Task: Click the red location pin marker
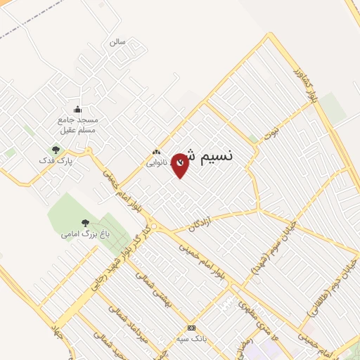tap(180, 165)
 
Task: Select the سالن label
tap(117, 42)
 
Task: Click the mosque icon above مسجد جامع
tap(77, 109)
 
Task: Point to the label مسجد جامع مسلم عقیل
tap(77, 124)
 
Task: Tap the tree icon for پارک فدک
tap(56, 149)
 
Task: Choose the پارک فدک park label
tap(56, 160)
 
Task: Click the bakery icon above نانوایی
tap(156, 152)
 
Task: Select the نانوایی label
tap(156, 162)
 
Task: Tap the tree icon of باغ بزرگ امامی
tap(85, 223)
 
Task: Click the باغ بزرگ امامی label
tap(81, 234)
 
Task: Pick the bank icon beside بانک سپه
tap(191, 328)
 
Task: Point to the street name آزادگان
tap(200, 224)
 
